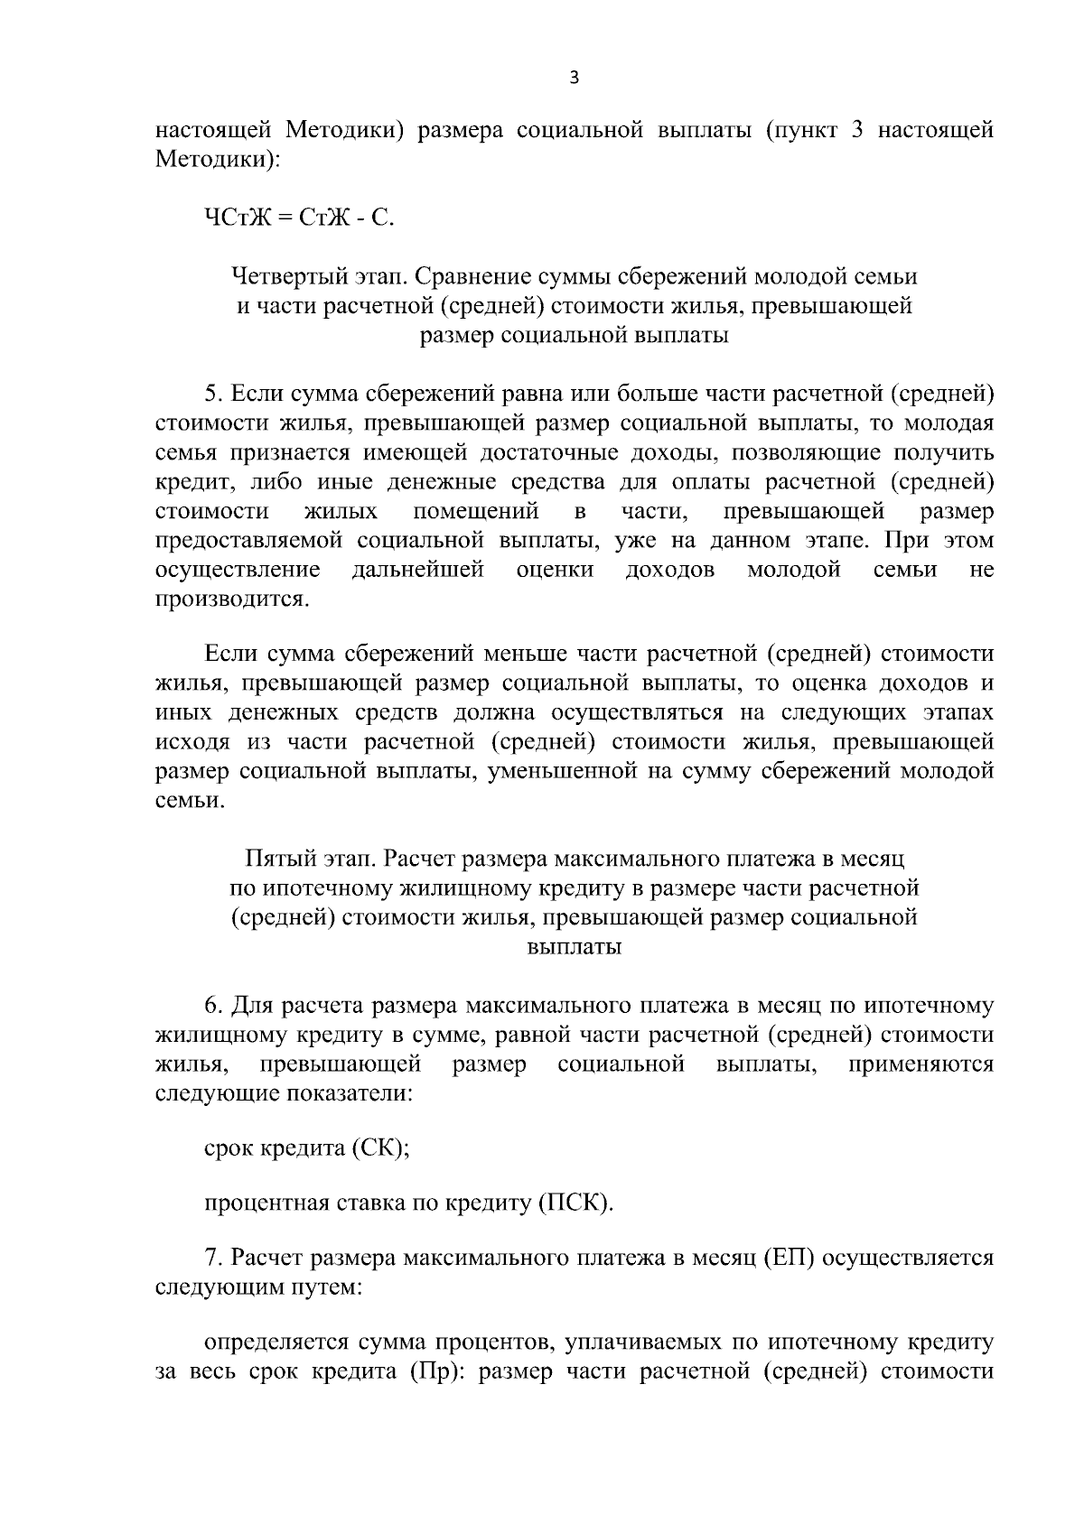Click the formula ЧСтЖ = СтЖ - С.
click(x=299, y=218)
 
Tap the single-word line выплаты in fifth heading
click(x=574, y=948)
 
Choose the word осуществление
click(x=238, y=570)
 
